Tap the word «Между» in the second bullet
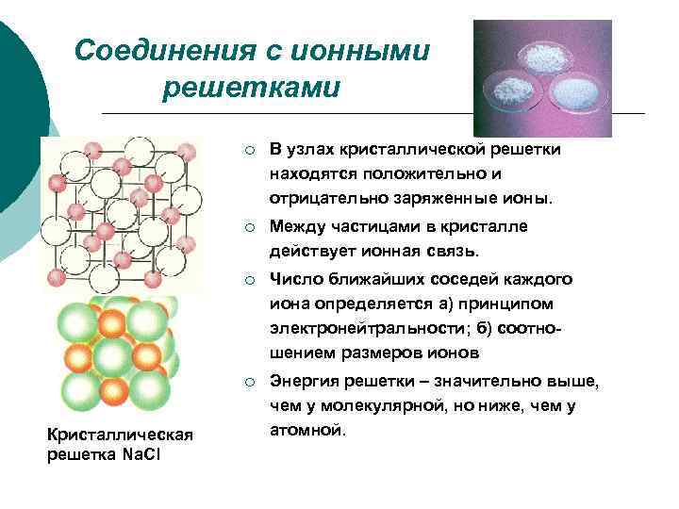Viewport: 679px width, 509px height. [x=294, y=227]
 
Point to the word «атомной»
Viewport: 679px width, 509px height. [x=307, y=431]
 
